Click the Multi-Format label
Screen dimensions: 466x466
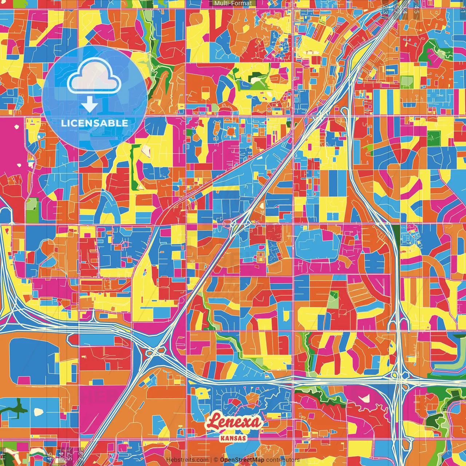[x=233, y=3]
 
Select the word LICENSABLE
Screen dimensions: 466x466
[x=95, y=123]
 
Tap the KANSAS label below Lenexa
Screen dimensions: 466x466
[x=233, y=438]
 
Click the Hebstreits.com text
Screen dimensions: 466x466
[x=187, y=460]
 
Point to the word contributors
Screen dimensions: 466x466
[x=283, y=460]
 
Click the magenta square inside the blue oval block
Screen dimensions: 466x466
[x=327, y=236]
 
